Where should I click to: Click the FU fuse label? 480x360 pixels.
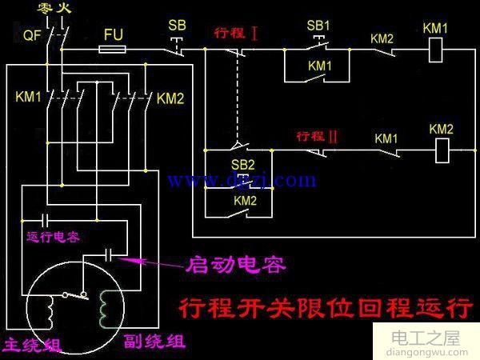[114, 35]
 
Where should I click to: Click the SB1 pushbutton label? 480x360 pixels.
[318, 26]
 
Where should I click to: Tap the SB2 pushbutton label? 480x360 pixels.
[243, 165]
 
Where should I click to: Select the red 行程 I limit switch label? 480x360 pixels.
[236, 34]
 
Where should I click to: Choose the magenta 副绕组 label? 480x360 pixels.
[154, 342]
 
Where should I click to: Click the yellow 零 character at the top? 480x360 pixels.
[45, 8]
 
